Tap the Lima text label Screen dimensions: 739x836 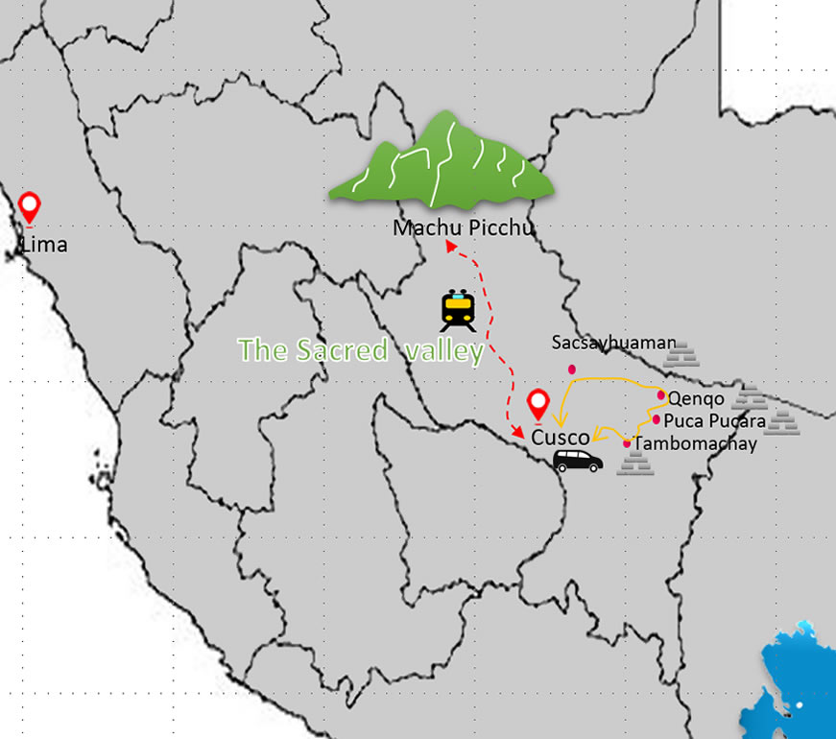coord(45,245)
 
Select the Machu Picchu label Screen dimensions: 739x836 coord(463,228)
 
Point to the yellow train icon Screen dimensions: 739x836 coord(458,310)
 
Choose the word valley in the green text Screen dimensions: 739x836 coord(443,350)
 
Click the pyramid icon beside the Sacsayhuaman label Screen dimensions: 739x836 coord(682,356)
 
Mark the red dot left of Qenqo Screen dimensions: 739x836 coord(661,395)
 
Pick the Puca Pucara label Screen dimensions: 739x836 coord(715,420)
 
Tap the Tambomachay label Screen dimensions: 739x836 coord(696,443)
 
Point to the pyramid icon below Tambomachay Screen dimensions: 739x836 coord(635,465)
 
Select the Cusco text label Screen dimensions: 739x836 coord(561,438)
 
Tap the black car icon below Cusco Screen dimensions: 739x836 coord(578,462)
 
